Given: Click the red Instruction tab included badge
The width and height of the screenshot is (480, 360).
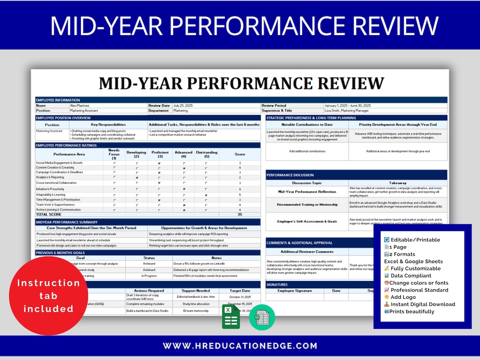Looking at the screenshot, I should (48, 296).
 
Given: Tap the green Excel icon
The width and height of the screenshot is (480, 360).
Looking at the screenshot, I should (231, 316).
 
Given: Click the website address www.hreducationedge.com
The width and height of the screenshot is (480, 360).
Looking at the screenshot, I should (240, 346).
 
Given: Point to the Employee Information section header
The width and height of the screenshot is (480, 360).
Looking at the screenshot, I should (58, 100).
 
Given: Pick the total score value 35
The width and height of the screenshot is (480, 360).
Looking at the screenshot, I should (240, 214).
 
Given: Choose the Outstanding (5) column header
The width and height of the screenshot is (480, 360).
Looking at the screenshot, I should (207, 154).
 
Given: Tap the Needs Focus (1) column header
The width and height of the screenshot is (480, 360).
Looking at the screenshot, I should (114, 154).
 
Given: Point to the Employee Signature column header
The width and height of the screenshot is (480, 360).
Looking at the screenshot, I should (295, 291).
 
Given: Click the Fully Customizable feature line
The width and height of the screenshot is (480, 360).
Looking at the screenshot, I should (416, 268).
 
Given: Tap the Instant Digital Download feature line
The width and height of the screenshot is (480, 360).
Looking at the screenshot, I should (423, 304).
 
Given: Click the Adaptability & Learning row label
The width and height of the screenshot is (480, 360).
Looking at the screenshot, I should (51, 195).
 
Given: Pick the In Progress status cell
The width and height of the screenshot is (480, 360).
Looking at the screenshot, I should (149, 276).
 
